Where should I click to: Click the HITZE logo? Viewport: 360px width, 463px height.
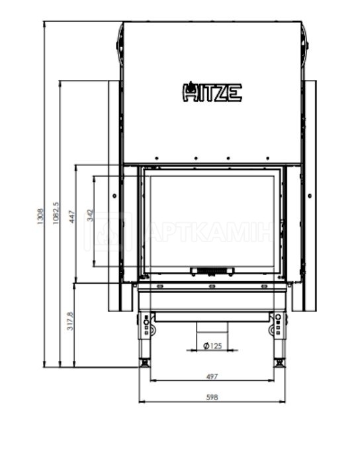(x=212, y=92)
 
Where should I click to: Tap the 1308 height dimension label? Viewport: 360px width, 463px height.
(x=40, y=216)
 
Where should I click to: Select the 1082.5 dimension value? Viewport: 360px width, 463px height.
(x=56, y=213)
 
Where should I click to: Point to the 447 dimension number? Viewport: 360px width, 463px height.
(x=72, y=216)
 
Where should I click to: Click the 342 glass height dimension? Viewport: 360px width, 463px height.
(x=90, y=215)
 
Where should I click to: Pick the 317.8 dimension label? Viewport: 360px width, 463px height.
(x=70, y=321)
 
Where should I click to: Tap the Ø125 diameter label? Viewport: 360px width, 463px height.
(x=212, y=345)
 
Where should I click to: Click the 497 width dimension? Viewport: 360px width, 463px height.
(x=212, y=376)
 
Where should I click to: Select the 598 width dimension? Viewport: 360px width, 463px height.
(x=212, y=398)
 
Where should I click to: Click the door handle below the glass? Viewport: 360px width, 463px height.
(x=212, y=271)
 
